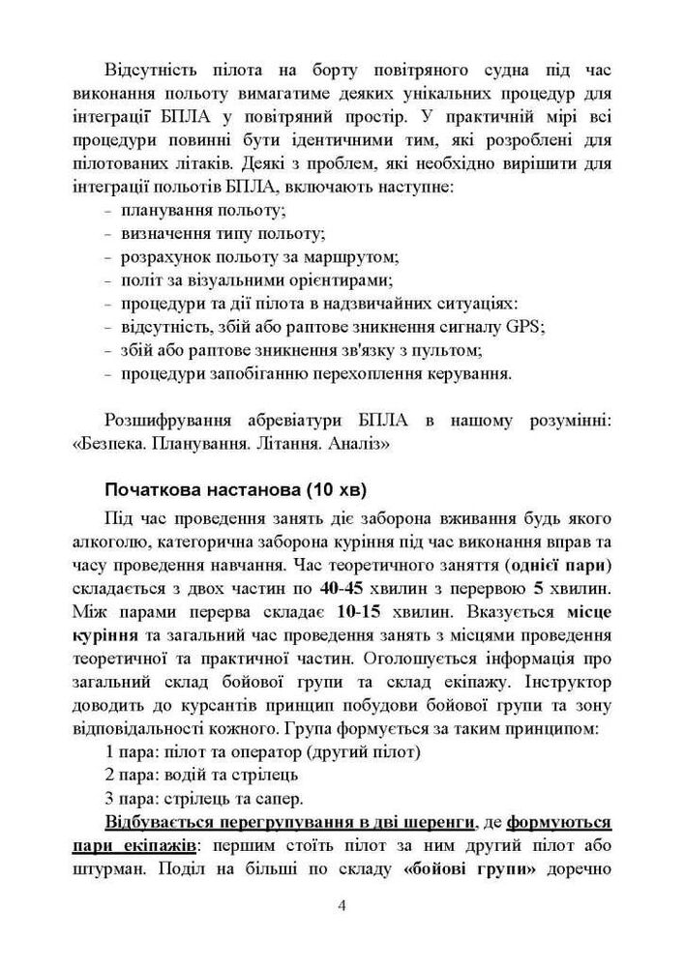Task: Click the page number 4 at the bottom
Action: [342, 905]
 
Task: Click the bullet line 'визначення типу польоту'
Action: [223, 234]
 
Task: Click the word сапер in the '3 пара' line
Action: [280, 798]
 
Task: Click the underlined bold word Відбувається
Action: [164, 821]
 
